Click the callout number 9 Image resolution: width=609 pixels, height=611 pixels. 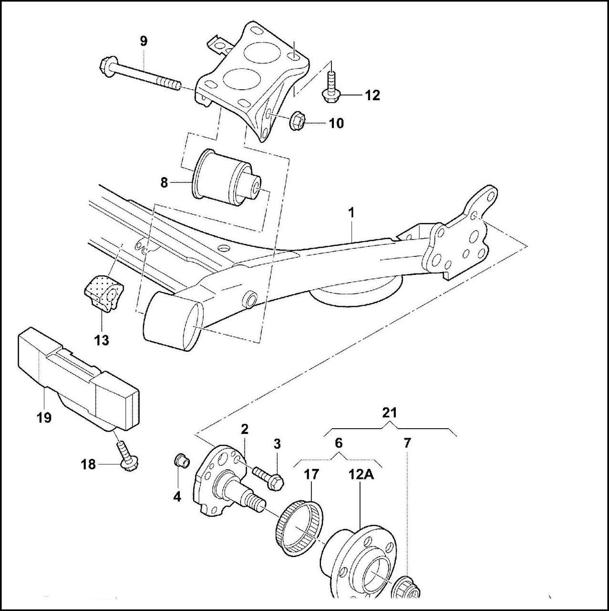tap(144, 41)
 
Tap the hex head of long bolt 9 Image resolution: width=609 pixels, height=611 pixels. tap(106, 66)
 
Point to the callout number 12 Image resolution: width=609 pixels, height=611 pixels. tap(372, 95)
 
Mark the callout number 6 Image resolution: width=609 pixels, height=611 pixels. tap(338, 443)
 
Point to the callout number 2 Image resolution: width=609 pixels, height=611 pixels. tap(244, 429)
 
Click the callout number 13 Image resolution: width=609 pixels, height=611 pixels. tap(102, 340)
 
